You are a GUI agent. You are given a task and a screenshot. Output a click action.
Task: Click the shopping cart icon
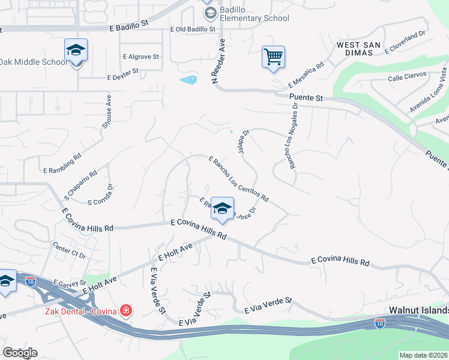coord(273,58)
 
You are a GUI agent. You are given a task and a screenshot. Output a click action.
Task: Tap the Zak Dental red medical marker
coord(126,311)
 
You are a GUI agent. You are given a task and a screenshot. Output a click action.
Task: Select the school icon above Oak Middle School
coord(76,50)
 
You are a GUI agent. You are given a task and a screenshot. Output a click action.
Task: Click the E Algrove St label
coord(141,57)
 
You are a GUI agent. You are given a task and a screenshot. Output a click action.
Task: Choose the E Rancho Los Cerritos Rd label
coord(238,179)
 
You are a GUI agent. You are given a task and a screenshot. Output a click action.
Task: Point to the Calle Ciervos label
coord(406,77)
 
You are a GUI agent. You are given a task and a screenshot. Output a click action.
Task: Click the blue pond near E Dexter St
coord(188,80)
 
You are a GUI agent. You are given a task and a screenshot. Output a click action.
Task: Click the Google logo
coord(20,352)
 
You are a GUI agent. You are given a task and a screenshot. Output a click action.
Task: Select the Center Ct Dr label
coord(70,250)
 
